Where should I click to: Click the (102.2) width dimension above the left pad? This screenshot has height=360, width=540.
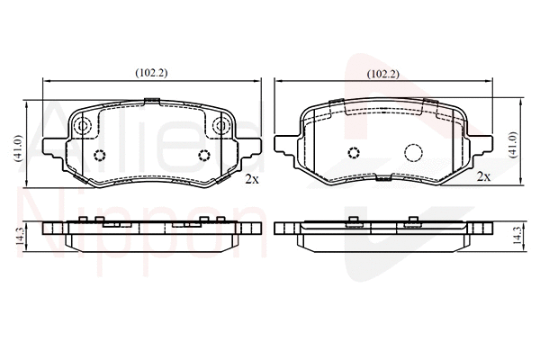[x=152, y=71]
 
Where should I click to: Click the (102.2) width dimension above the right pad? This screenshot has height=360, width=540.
[x=384, y=74]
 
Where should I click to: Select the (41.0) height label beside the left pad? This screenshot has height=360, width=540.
[x=18, y=148]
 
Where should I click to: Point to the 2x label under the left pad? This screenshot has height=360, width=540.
[x=252, y=179]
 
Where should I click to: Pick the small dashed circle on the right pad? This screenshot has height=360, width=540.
[x=354, y=153]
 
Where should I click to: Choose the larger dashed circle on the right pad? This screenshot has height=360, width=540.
[x=414, y=154]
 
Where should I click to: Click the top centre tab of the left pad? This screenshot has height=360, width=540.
[x=152, y=100]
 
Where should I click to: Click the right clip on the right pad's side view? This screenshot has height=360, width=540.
[x=413, y=220]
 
